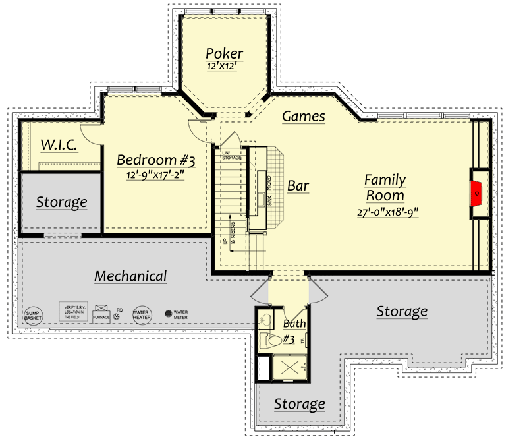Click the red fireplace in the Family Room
pyautogui.click(x=477, y=193)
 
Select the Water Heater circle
pyautogui.click(x=142, y=314)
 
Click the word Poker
pyautogui.click(x=224, y=53)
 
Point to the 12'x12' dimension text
pyautogui.click(x=224, y=67)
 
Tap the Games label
pyautogui.click(x=303, y=117)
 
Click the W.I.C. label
pyautogui.click(x=60, y=144)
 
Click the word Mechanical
pyautogui.click(x=130, y=276)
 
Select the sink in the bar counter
pyautogui.click(x=261, y=198)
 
